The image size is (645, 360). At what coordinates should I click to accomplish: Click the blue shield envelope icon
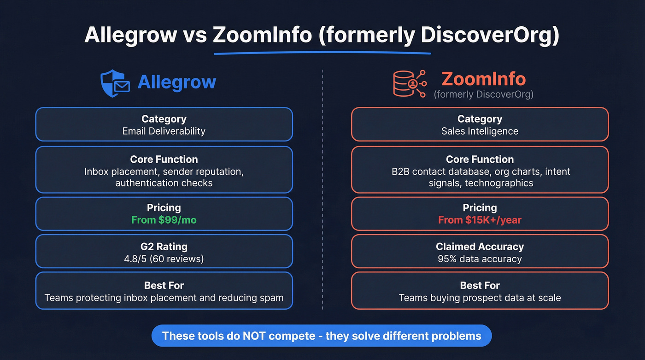114,83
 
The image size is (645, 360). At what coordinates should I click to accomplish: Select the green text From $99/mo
164,220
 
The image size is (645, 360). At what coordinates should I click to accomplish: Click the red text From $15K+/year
480,220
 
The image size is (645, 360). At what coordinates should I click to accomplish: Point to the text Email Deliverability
164,131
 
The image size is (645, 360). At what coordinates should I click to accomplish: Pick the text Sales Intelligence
480,131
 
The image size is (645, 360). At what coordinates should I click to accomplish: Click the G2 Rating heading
164,247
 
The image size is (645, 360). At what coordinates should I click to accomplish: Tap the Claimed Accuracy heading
480,247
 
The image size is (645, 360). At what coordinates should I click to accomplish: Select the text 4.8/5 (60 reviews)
164,259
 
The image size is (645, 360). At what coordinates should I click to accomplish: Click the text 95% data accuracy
480,259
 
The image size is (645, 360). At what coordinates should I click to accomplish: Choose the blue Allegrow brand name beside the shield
177,82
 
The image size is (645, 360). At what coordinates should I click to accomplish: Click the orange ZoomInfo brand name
483,79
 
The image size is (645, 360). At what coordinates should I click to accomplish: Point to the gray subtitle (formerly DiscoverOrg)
483,94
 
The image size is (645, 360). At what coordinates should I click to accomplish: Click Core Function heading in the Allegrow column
164,159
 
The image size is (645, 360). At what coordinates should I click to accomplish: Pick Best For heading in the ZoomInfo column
480,285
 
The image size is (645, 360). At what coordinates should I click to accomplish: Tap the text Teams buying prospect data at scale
480,298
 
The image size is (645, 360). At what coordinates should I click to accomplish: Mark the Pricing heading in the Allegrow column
164,207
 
